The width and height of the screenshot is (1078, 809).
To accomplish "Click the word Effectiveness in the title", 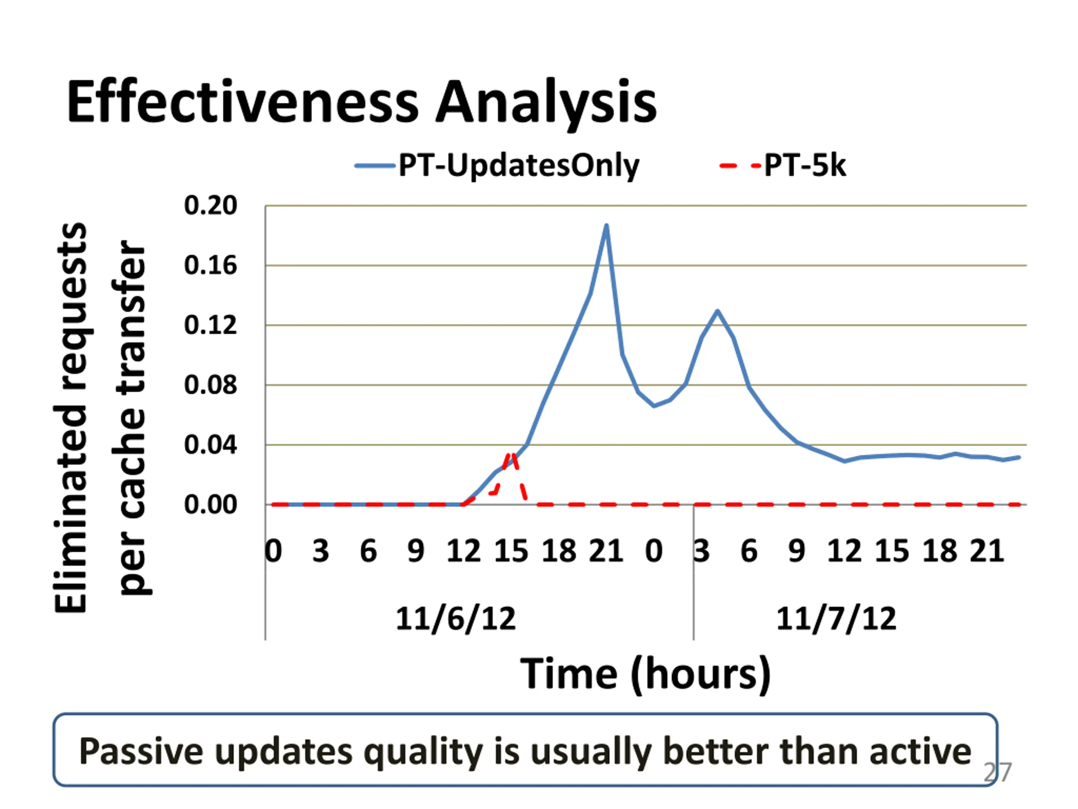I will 242,102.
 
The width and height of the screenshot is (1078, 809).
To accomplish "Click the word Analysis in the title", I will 545,103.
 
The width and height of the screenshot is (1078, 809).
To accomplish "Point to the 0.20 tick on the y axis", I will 210,205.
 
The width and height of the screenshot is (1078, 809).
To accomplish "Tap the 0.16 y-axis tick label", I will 210,265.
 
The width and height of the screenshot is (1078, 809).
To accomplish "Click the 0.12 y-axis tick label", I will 210,325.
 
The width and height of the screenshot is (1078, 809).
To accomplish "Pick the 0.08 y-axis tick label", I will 210,385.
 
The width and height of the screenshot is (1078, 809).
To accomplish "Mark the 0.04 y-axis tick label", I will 210,445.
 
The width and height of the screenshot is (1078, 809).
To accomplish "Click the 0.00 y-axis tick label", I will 210,505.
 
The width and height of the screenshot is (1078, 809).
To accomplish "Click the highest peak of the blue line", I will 606,225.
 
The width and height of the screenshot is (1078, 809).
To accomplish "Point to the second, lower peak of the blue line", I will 718,311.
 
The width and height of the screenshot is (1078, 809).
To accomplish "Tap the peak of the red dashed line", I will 511,455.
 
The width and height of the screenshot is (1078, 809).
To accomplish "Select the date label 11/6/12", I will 456,619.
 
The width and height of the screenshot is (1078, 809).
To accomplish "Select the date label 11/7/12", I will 836,619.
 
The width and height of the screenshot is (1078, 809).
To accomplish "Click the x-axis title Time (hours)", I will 646,674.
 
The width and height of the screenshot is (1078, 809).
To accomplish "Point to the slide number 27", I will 997,772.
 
